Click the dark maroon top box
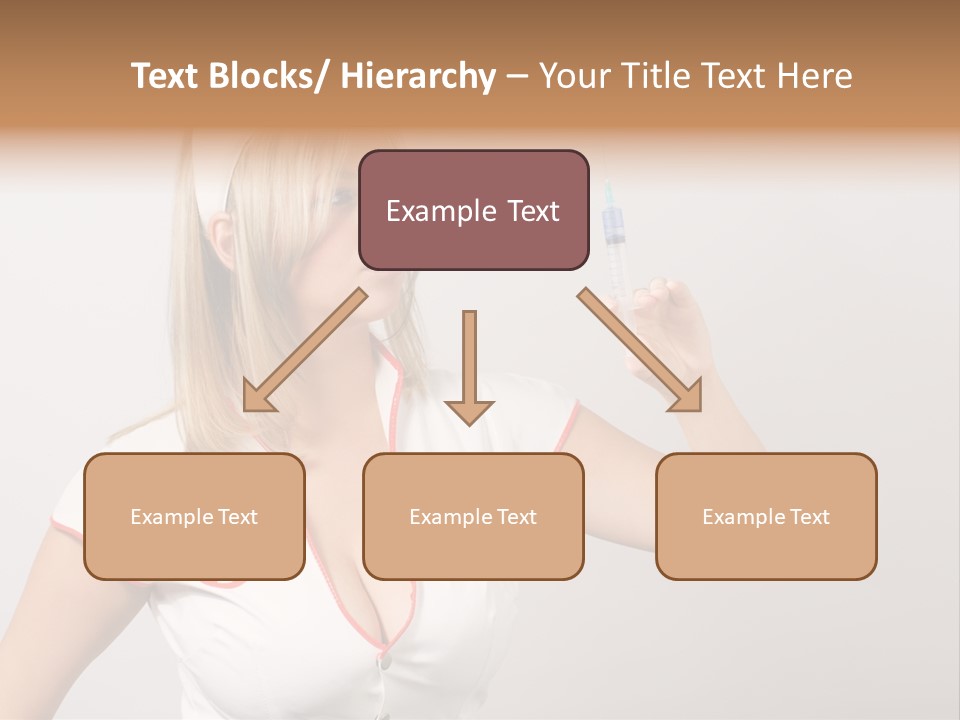(x=473, y=210)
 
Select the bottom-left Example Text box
(x=194, y=516)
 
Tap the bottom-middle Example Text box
(x=473, y=516)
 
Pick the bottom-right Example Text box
(x=766, y=516)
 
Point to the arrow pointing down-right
(x=641, y=351)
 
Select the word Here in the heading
(x=814, y=76)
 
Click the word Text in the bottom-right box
(x=809, y=516)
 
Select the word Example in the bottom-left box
(x=171, y=516)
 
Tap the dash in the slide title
(x=517, y=76)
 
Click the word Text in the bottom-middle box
(x=516, y=516)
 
